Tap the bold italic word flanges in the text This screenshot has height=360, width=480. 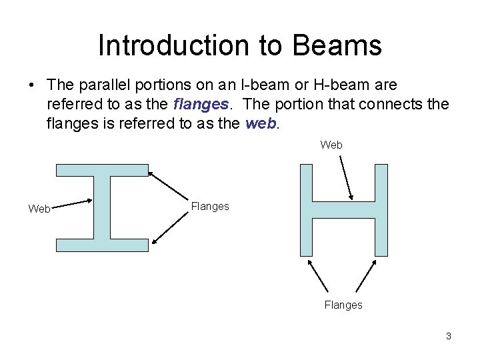click(x=199, y=104)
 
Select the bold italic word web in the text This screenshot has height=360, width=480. click(x=259, y=123)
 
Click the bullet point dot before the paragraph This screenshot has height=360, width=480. click(x=32, y=85)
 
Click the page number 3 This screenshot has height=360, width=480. click(x=449, y=336)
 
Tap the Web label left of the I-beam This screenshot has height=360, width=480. click(x=39, y=209)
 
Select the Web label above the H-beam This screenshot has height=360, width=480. click(x=331, y=145)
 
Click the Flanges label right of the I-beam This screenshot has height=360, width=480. click(x=209, y=207)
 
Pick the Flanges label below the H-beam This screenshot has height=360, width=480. click(x=343, y=305)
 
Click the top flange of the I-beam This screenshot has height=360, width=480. click(x=102, y=169)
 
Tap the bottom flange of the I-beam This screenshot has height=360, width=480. click(x=102, y=245)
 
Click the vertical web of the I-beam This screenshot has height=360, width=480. click(x=102, y=207)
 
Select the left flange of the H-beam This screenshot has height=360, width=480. click(x=306, y=210)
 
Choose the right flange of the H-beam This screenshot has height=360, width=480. click(x=381, y=210)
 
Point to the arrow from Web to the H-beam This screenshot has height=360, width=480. click(x=346, y=177)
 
